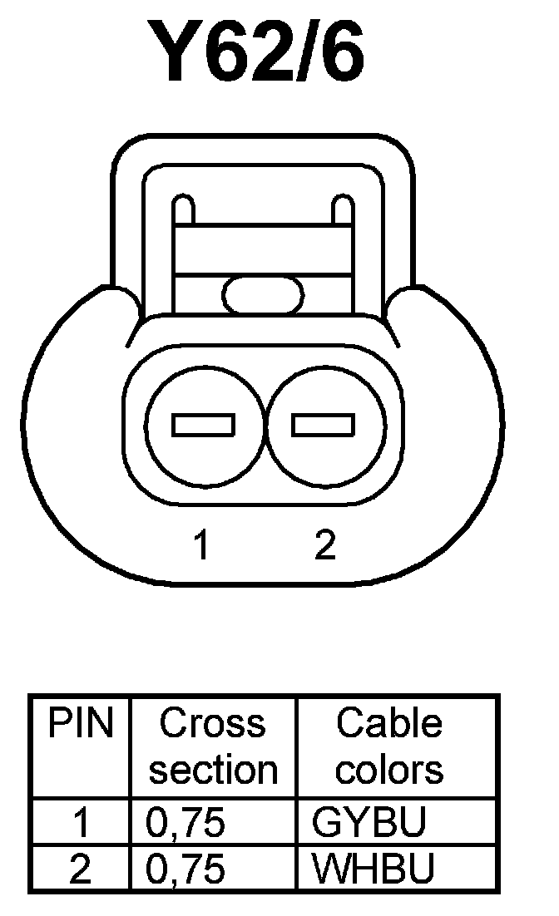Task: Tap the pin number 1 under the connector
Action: click(200, 546)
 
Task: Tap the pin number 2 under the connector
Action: click(325, 545)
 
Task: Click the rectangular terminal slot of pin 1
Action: click(203, 426)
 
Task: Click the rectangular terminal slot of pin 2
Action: click(324, 426)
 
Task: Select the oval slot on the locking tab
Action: click(263, 295)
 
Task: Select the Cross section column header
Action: click(213, 746)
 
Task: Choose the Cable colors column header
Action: click(389, 746)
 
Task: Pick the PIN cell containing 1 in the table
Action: click(81, 823)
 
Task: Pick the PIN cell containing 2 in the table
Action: click(81, 869)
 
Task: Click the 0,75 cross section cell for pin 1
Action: click(186, 823)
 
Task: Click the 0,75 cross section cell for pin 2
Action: click(186, 869)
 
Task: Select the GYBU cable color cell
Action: click(369, 823)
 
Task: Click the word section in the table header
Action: click(213, 771)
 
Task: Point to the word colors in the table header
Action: click(389, 769)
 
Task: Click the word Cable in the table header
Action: click(389, 723)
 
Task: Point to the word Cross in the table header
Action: click(213, 723)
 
